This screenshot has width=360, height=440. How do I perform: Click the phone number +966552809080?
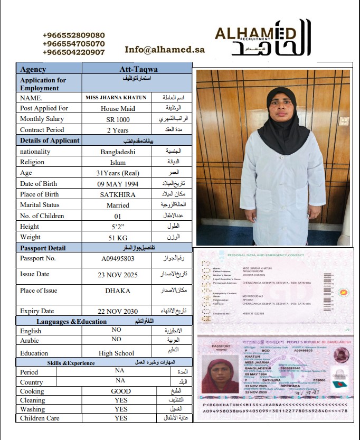[73, 35]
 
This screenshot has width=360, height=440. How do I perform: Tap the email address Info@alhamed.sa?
[164, 50]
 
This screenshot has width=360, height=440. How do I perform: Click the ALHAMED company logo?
[263, 38]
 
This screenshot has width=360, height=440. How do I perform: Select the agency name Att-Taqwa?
[139, 69]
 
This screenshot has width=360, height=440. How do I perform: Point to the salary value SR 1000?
[118, 119]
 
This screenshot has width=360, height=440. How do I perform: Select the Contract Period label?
[42, 130]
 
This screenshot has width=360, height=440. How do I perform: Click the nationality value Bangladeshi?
[118, 152]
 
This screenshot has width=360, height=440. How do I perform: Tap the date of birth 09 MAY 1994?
[118, 184]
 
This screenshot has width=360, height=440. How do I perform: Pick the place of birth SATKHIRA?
[118, 194]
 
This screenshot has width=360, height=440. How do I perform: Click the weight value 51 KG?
[118, 237]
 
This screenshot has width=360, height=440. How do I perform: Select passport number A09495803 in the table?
[118, 259]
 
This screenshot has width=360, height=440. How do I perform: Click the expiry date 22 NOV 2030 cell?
[118, 311]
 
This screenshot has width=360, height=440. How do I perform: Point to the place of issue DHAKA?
[118, 291]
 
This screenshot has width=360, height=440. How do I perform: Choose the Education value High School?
[117, 353]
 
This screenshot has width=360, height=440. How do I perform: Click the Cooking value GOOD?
[120, 391]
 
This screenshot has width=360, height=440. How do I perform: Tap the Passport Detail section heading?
[43, 248]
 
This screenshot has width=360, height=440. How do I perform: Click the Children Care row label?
[40, 418]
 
